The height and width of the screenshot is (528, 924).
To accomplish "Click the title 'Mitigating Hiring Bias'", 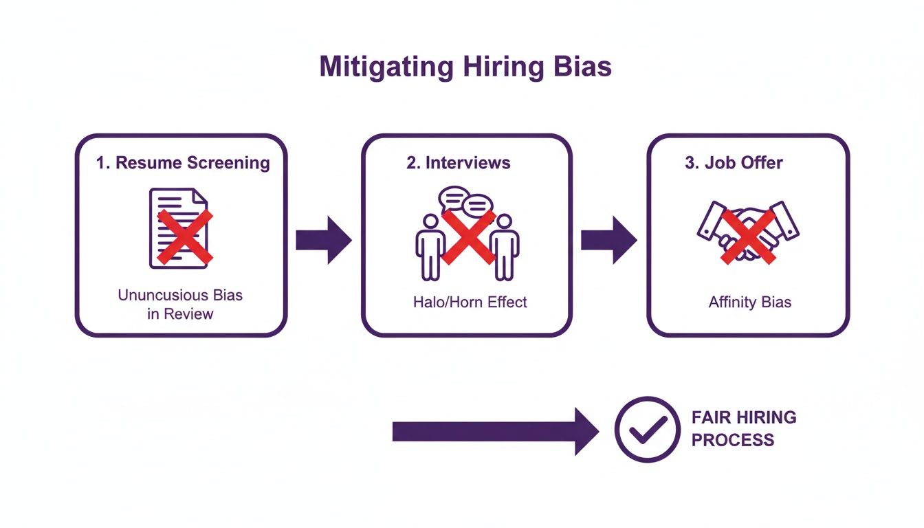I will [465, 68].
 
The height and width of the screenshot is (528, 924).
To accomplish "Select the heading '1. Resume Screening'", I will [182, 163].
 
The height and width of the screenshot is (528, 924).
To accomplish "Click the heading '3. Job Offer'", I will [734, 163].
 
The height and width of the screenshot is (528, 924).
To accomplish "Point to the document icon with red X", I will [179, 228].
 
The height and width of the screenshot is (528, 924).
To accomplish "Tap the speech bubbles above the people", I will [467, 202].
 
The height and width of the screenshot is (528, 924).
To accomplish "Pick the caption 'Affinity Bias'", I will [749, 302].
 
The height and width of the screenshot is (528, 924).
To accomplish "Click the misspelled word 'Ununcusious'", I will [161, 295].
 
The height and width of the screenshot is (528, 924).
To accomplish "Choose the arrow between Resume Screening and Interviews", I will [324, 240].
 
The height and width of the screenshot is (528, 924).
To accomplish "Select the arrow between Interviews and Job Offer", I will [609, 240].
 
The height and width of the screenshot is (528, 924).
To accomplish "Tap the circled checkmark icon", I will [647, 429].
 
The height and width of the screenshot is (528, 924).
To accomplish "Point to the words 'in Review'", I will [180, 314].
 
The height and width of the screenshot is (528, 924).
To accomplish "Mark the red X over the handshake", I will [748, 237].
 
